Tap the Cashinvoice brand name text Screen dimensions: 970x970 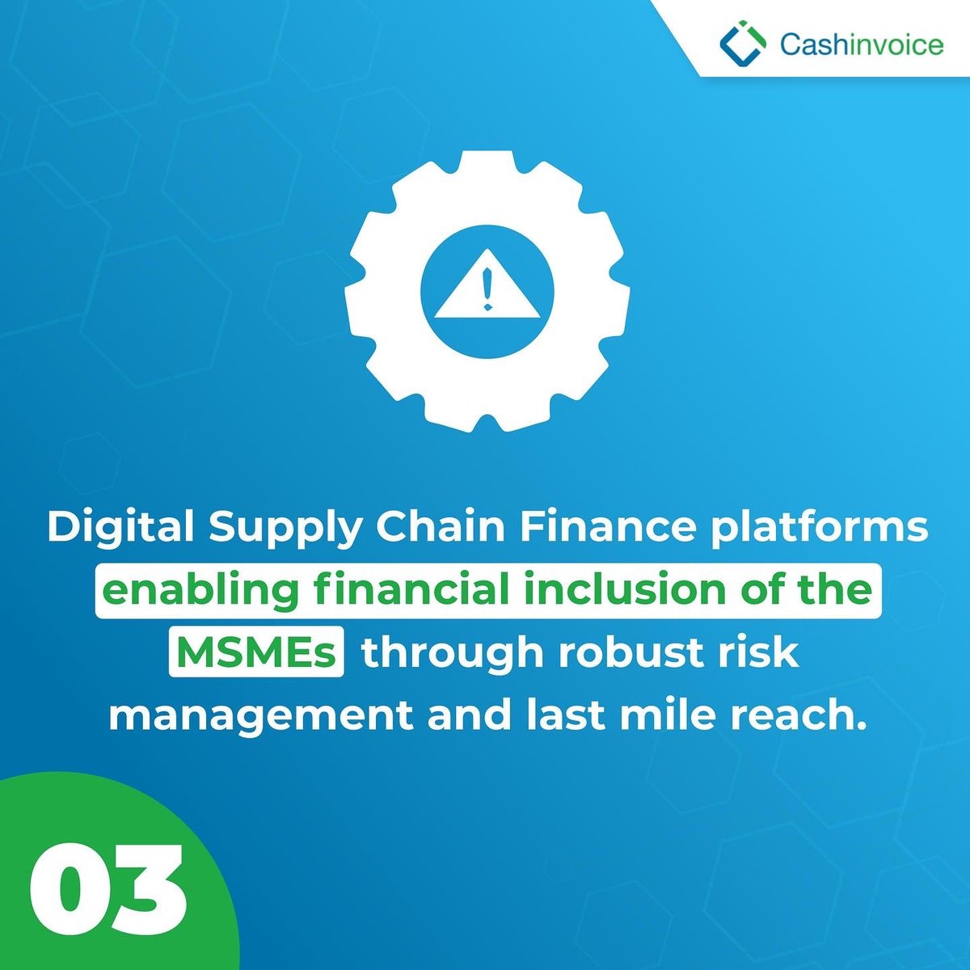(x=862, y=43)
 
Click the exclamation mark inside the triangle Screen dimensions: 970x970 (x=486, y=290)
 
